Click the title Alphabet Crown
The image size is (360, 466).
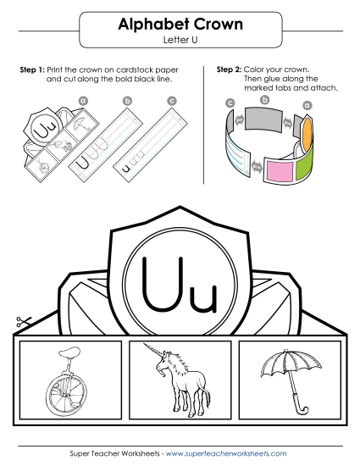pos(180,25)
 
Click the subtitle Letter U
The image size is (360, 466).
pos(180,40)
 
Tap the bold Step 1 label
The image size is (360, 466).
pos(31,68)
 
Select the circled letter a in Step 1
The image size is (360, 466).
pos(83,100)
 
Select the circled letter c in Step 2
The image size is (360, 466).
pos(230,103)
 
